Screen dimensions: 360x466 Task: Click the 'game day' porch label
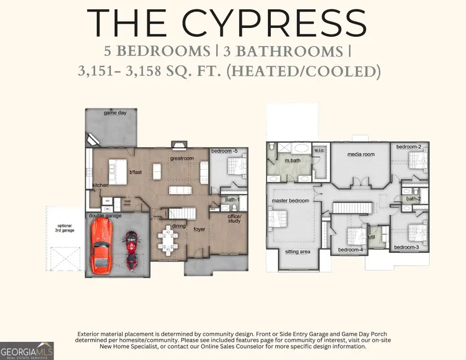(115, 112)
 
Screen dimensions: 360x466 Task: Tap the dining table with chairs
(169, 241)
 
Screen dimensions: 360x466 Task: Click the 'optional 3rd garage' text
(65, 227)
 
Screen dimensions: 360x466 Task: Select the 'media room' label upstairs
(361, 154)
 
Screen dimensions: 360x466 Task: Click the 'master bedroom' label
(290, 200)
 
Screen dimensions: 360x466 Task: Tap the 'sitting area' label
(298, 252)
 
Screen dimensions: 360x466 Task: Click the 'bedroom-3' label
(406, 247)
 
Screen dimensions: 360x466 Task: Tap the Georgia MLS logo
(27, 349)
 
